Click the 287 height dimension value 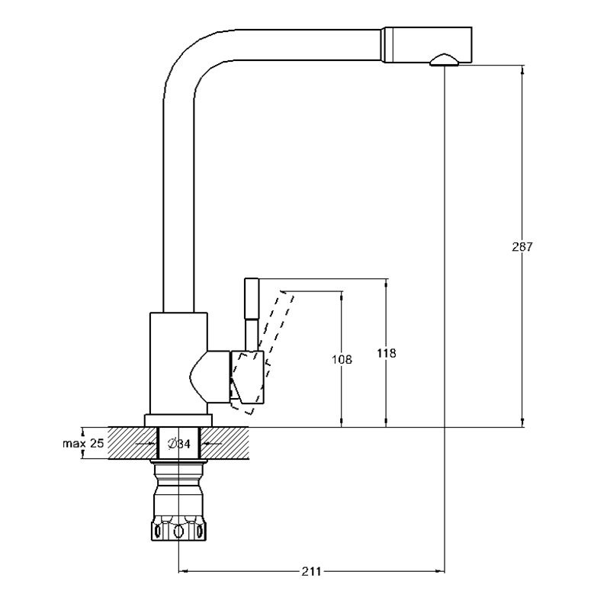[522, 247]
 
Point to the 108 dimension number [343, 359]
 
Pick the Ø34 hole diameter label [178, 443]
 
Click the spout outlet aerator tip [444, 59]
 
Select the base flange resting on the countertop [178, 420]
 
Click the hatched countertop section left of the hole [126, 443]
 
